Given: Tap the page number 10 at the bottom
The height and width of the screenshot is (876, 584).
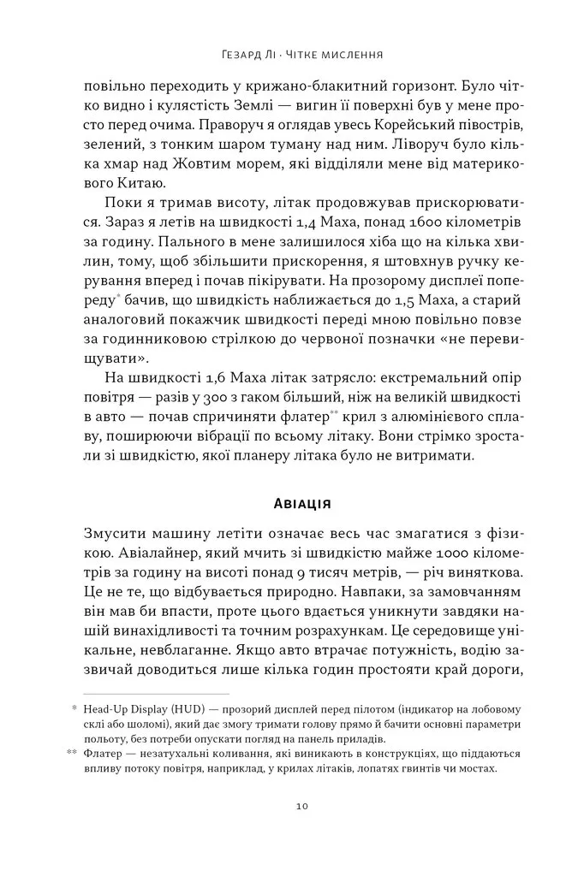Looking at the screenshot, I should coord(293,806).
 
